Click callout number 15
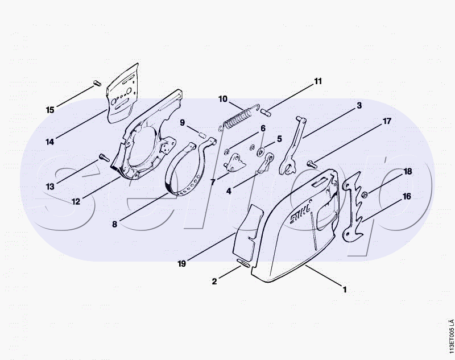point(50,110)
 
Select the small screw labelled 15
point(97,83)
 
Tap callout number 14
point(50,142)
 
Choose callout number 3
point(359,105)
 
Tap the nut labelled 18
point(365,195)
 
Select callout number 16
point(407,196)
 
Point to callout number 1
point(345,289)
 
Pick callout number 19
point(181,264)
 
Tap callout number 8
point(115,224)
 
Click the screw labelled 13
point(104,158)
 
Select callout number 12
point(76,202)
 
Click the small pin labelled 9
point(202,135)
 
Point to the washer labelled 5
point(261,151)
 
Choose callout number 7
point(213,183)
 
